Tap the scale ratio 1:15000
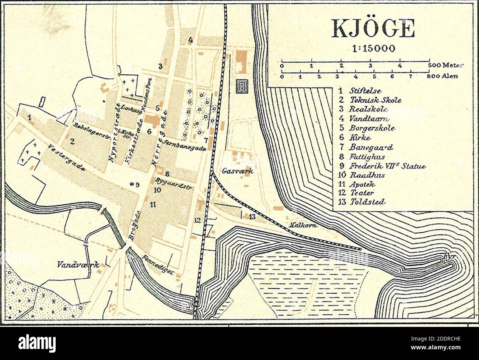(374, 48)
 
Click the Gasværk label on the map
(234, 171)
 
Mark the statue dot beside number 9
(132, 184)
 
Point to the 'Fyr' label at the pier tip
(448, 255)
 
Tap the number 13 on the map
(252, 216)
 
